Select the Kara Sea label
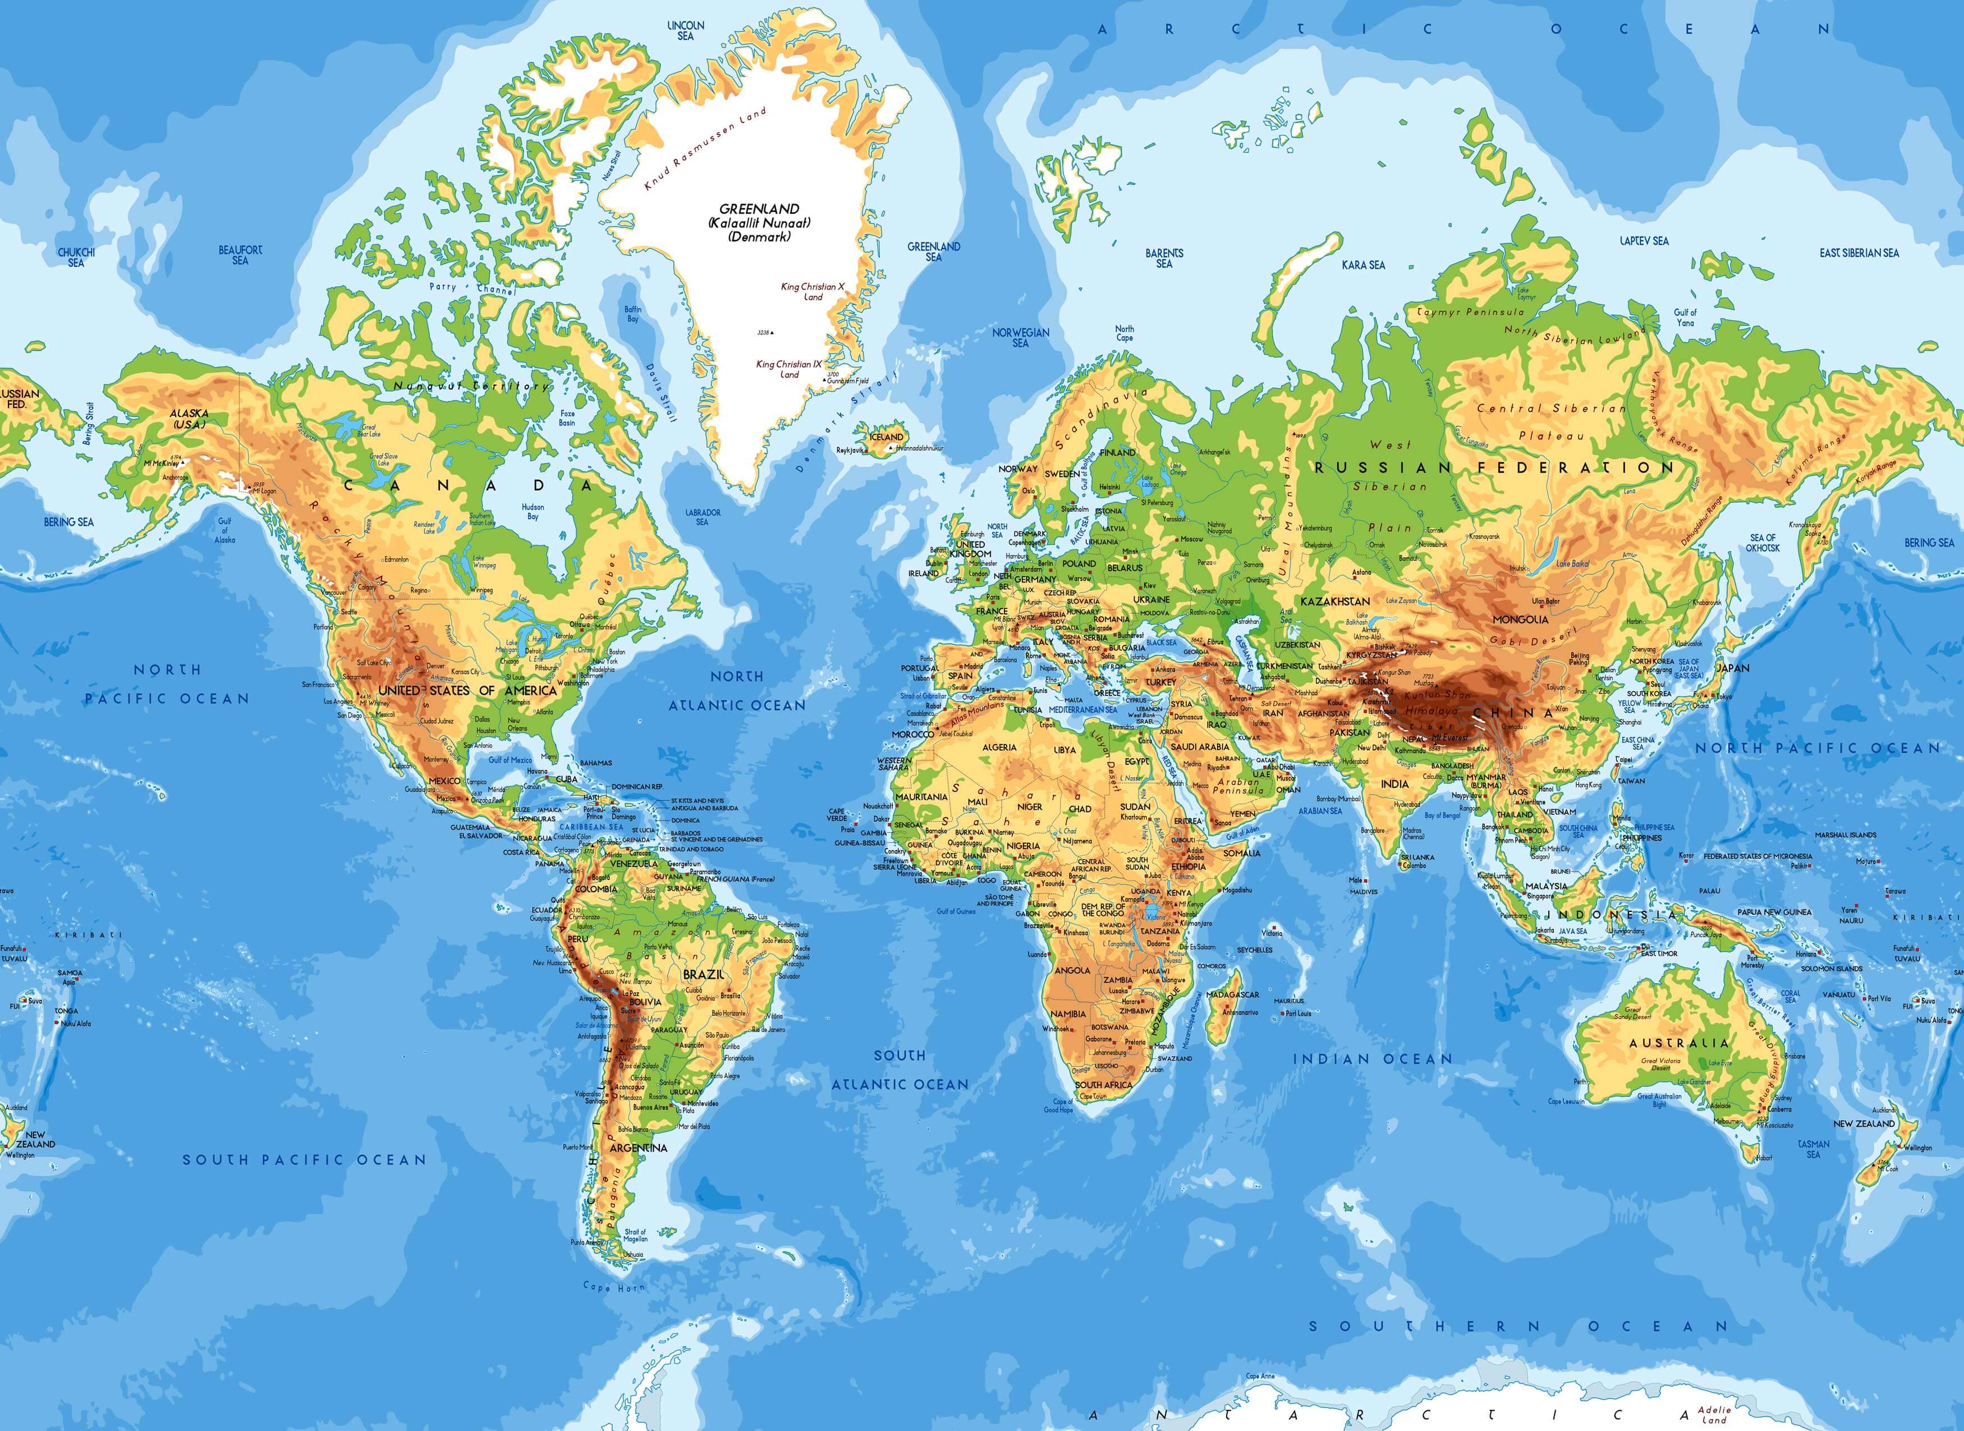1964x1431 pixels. coord(1363,265)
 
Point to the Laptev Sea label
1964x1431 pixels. coord(1644,241)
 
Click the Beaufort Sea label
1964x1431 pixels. coord(240,255)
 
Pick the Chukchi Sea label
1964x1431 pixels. coord(76,257)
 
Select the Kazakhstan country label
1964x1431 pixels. coord(1334,601)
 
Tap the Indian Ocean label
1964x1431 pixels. coord(1371,1058)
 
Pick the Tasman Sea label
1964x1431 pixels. coord(1813,1149)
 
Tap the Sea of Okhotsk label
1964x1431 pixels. coord(1763,542)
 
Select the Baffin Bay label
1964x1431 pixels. coord(633,314)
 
